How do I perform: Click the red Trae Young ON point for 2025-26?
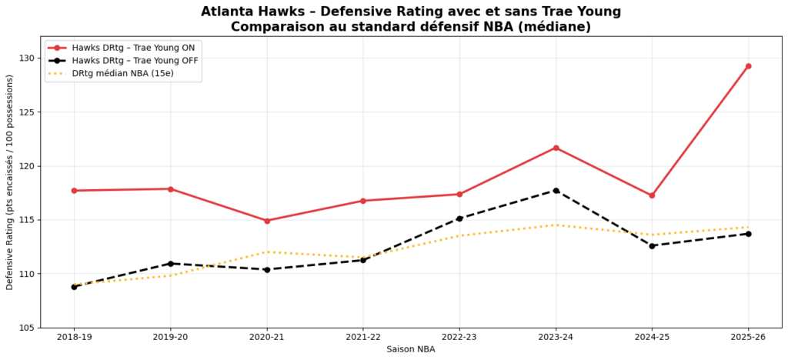pos(748,66)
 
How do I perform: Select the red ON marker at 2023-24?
pos(556,148)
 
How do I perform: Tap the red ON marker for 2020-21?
pos(267,221)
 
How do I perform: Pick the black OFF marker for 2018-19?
pos(75,287)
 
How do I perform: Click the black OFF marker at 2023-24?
pos(556,191)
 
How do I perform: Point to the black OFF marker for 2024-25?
pos(652,246)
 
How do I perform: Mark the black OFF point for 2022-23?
pos(459,218)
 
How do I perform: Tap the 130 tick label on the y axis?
pos(28,58)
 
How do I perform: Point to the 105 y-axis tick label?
pos(28,328)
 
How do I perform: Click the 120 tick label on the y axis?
pos(28,166)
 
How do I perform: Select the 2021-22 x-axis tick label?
pos(363,338)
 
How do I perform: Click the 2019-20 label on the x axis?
pos(171,338)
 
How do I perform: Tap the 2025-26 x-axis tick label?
pos(748,338)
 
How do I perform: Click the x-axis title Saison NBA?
pos(411,350)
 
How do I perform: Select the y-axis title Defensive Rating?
pos(9,182)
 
